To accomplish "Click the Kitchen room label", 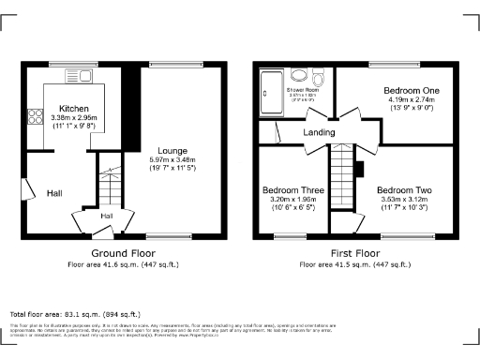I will coord(73,108).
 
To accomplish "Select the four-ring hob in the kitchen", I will coord(37,117).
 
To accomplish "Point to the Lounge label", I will coord(172,150).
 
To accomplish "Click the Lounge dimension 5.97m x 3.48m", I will coord(172,160).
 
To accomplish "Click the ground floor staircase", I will coord(111,187).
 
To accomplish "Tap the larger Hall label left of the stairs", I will coord(54,193).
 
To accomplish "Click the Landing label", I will coord(319,133).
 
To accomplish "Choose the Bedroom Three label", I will coord(293,189).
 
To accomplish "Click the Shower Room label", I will coord(302,90).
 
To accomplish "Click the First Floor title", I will coord(354,254).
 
